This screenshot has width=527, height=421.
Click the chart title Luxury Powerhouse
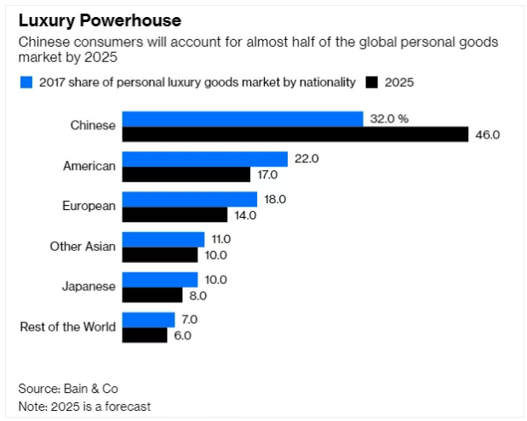tap(100, 19)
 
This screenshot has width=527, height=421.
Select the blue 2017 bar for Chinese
tap(243, 119)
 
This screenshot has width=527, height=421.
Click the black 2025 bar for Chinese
tap(295, 134)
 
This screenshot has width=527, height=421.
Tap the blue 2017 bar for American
tap(205, 159)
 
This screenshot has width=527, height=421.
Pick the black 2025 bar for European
tap(175, 215)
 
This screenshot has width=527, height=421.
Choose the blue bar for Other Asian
tap(163, 239)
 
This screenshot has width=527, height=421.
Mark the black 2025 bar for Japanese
tap(152, 295)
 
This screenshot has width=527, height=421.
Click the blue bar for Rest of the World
tap(148, 320)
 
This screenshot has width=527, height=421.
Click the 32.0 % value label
tap(389, 119)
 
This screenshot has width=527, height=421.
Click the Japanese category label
tap(88, 287)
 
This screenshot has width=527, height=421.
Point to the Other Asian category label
tap(83, 247)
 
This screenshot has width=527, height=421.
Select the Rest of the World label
tap(67, 327)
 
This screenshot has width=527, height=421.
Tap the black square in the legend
tap(371, 82)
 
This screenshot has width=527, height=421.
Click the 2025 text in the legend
tap(399, 82)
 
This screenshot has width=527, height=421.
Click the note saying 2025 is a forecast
tap(84, 406)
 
